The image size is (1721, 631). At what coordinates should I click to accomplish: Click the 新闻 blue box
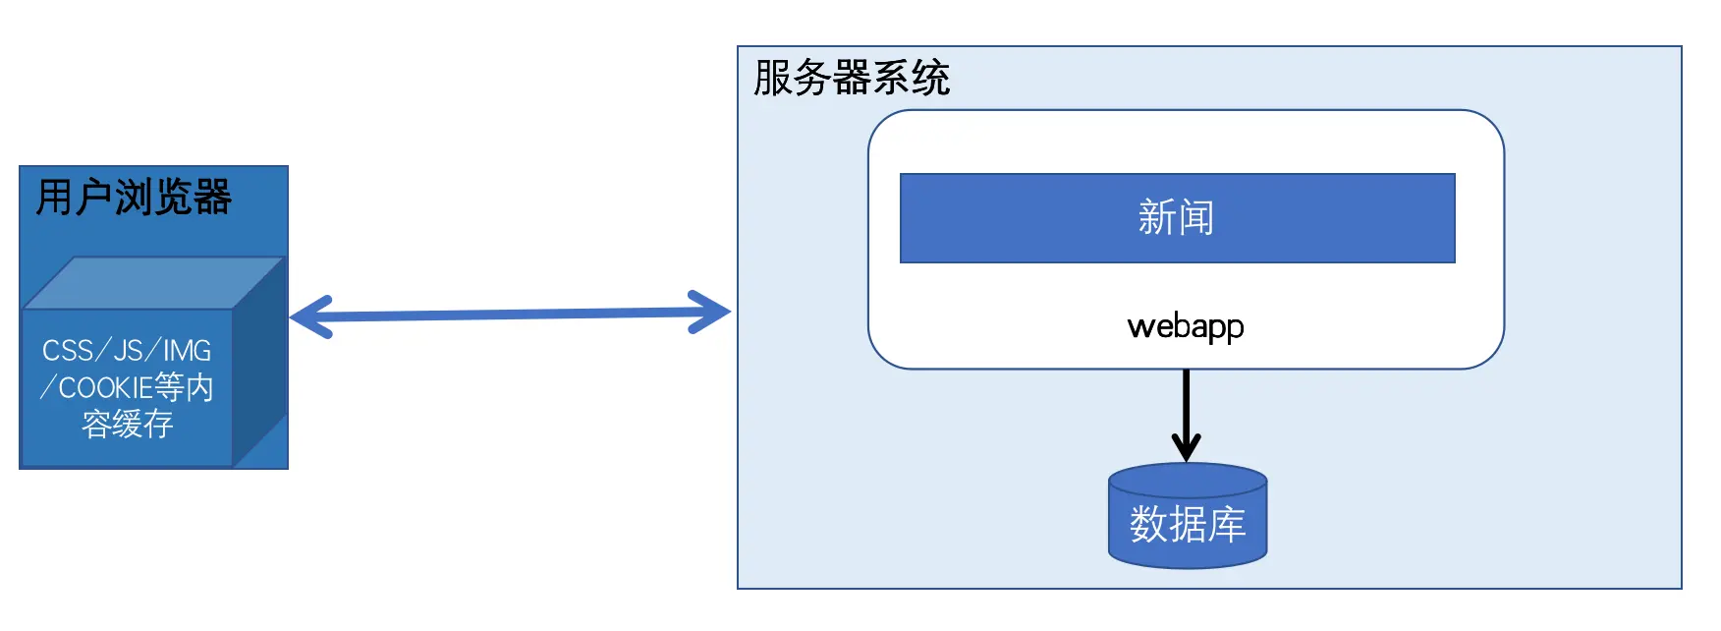(x=1177, y=218)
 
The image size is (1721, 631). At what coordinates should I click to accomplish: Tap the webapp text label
(x=1186, y=326)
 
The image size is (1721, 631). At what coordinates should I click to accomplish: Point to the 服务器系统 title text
(x=852, y=78)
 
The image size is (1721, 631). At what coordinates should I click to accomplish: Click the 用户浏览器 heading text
(x=134, y=197)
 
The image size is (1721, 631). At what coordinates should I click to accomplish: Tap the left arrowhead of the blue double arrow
(x=309, y=316)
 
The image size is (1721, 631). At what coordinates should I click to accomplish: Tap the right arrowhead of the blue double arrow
(x=711, y=312)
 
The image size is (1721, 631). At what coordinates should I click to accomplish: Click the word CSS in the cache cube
(x=68, y=351)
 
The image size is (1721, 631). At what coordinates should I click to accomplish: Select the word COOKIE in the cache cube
(x=105, y=388)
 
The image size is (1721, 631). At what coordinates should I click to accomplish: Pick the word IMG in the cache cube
(x=187, y=351)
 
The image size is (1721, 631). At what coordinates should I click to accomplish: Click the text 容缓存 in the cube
(x=128, y=425)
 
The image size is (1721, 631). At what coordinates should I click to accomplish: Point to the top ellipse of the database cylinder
(x=1188, y=480)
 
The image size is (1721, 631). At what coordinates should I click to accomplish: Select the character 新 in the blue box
(x=1156, y=217)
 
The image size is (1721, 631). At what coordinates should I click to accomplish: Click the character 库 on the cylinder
(x=1227, y=525)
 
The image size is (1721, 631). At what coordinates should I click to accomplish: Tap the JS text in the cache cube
(x=129, y=351)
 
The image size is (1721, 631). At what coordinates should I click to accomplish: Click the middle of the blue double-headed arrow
(x=511, y=314)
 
